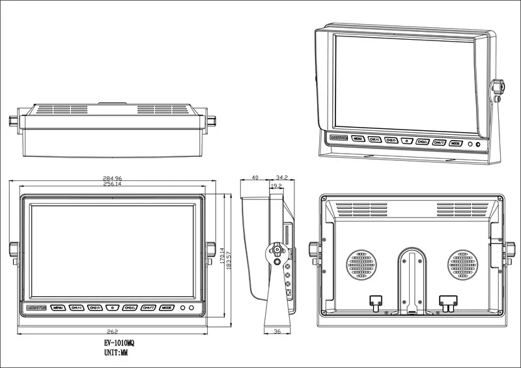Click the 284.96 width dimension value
(112, 178)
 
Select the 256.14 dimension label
(112, 184)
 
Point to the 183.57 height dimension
(229, 262)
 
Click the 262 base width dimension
(112, 330)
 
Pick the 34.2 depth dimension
(282, 177)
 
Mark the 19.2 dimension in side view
(275, 186)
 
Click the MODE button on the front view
(167, 307)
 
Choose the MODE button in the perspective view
(456, 143)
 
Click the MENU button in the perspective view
(358, 138)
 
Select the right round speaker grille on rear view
(464, 266)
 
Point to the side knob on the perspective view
(498, 88)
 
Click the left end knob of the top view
(14, 121)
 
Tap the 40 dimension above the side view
(254, 177)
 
